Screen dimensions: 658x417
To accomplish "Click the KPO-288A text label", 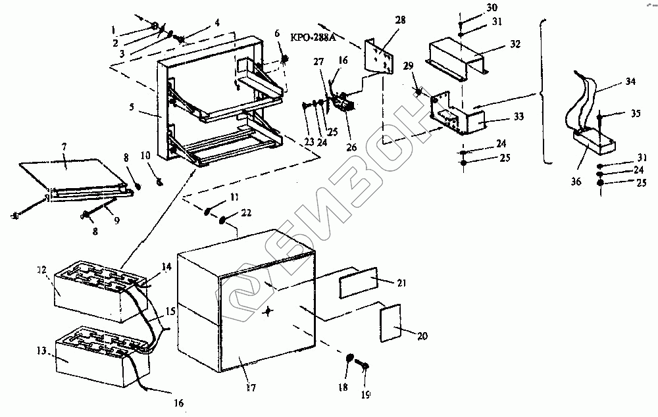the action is [x=313, y=38].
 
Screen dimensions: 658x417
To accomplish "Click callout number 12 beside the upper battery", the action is [x=41, y=271].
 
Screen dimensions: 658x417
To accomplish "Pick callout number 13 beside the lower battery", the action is [x=43, y=352].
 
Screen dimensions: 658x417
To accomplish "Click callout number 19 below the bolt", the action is [x=365, y=395].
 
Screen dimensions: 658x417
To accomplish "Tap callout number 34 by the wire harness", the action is [x=630, y=82].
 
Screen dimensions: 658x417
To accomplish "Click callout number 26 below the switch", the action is [x=351, y=147].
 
